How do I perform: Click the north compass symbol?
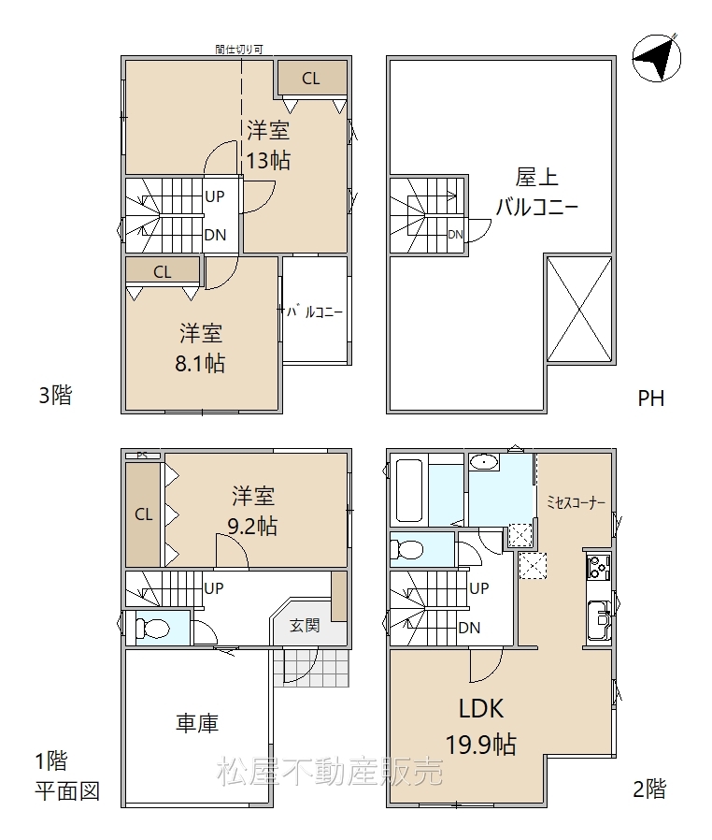656,58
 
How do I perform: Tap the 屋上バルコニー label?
536,192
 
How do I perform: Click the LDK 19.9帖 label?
481,727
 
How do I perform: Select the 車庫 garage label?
197,723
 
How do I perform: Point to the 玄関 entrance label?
305,625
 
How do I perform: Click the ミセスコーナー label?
576,502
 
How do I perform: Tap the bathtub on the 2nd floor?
409,490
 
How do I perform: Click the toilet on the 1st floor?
152,628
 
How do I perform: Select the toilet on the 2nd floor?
406,550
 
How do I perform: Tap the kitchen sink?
599,620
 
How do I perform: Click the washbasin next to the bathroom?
485,462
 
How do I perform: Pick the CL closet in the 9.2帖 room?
143,514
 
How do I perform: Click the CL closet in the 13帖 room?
311,79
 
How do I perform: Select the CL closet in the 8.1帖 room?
163,271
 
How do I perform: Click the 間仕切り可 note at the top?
239,50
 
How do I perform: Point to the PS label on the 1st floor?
142,456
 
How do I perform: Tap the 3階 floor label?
55,396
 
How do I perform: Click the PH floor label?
651,398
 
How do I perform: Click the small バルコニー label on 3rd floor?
315,311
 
